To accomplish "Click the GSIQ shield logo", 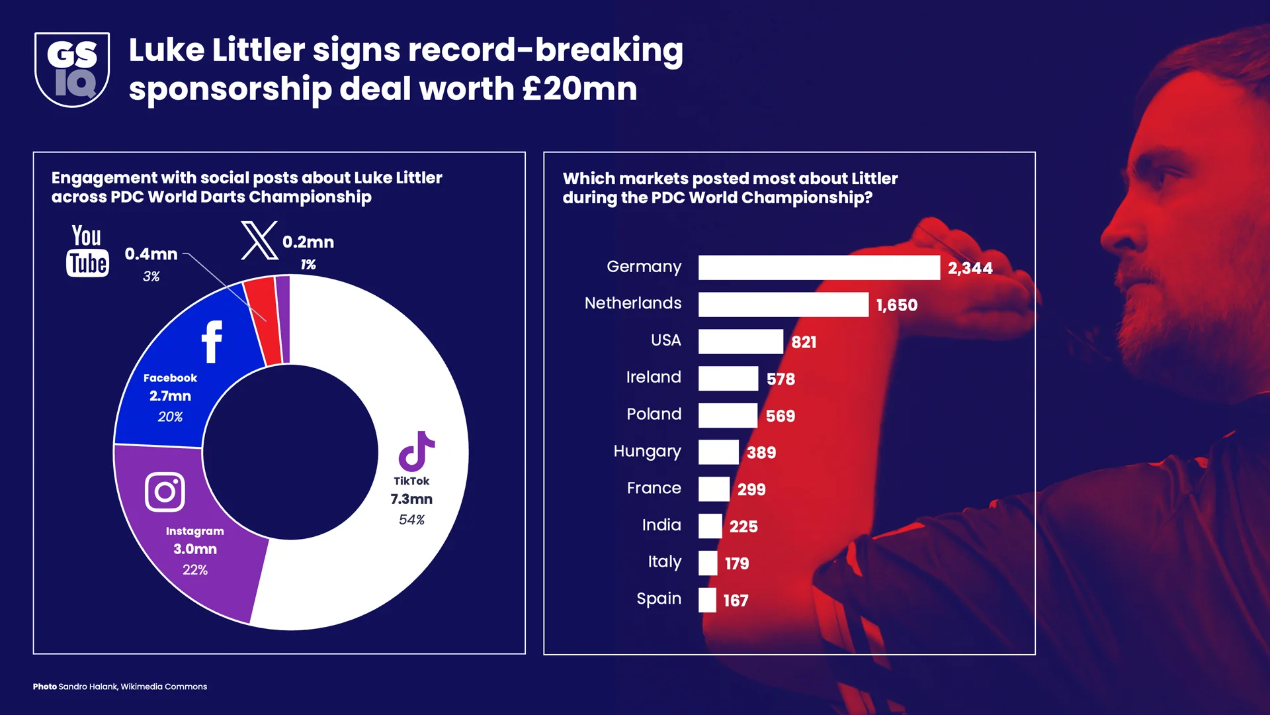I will pos(72,70).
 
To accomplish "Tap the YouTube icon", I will pos(87,251).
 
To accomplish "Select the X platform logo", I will pos(259,241).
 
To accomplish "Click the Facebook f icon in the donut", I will pos(212,342).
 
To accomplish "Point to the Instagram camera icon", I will pos(165,492).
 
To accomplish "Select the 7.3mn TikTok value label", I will pos(411,499).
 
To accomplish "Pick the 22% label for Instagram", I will pos(195,570).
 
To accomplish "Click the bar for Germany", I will pos(819,267).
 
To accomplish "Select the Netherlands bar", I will pos(783,305).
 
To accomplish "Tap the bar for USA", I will pos(741,342).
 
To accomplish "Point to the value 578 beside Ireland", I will pos(781,379).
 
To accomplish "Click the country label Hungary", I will pos(647,452).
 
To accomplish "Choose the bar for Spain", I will pos(707,600).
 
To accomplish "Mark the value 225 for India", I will pos(743,527).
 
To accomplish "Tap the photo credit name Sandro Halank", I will pos(88,687).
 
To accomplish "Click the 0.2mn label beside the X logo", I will pos(308,242).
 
